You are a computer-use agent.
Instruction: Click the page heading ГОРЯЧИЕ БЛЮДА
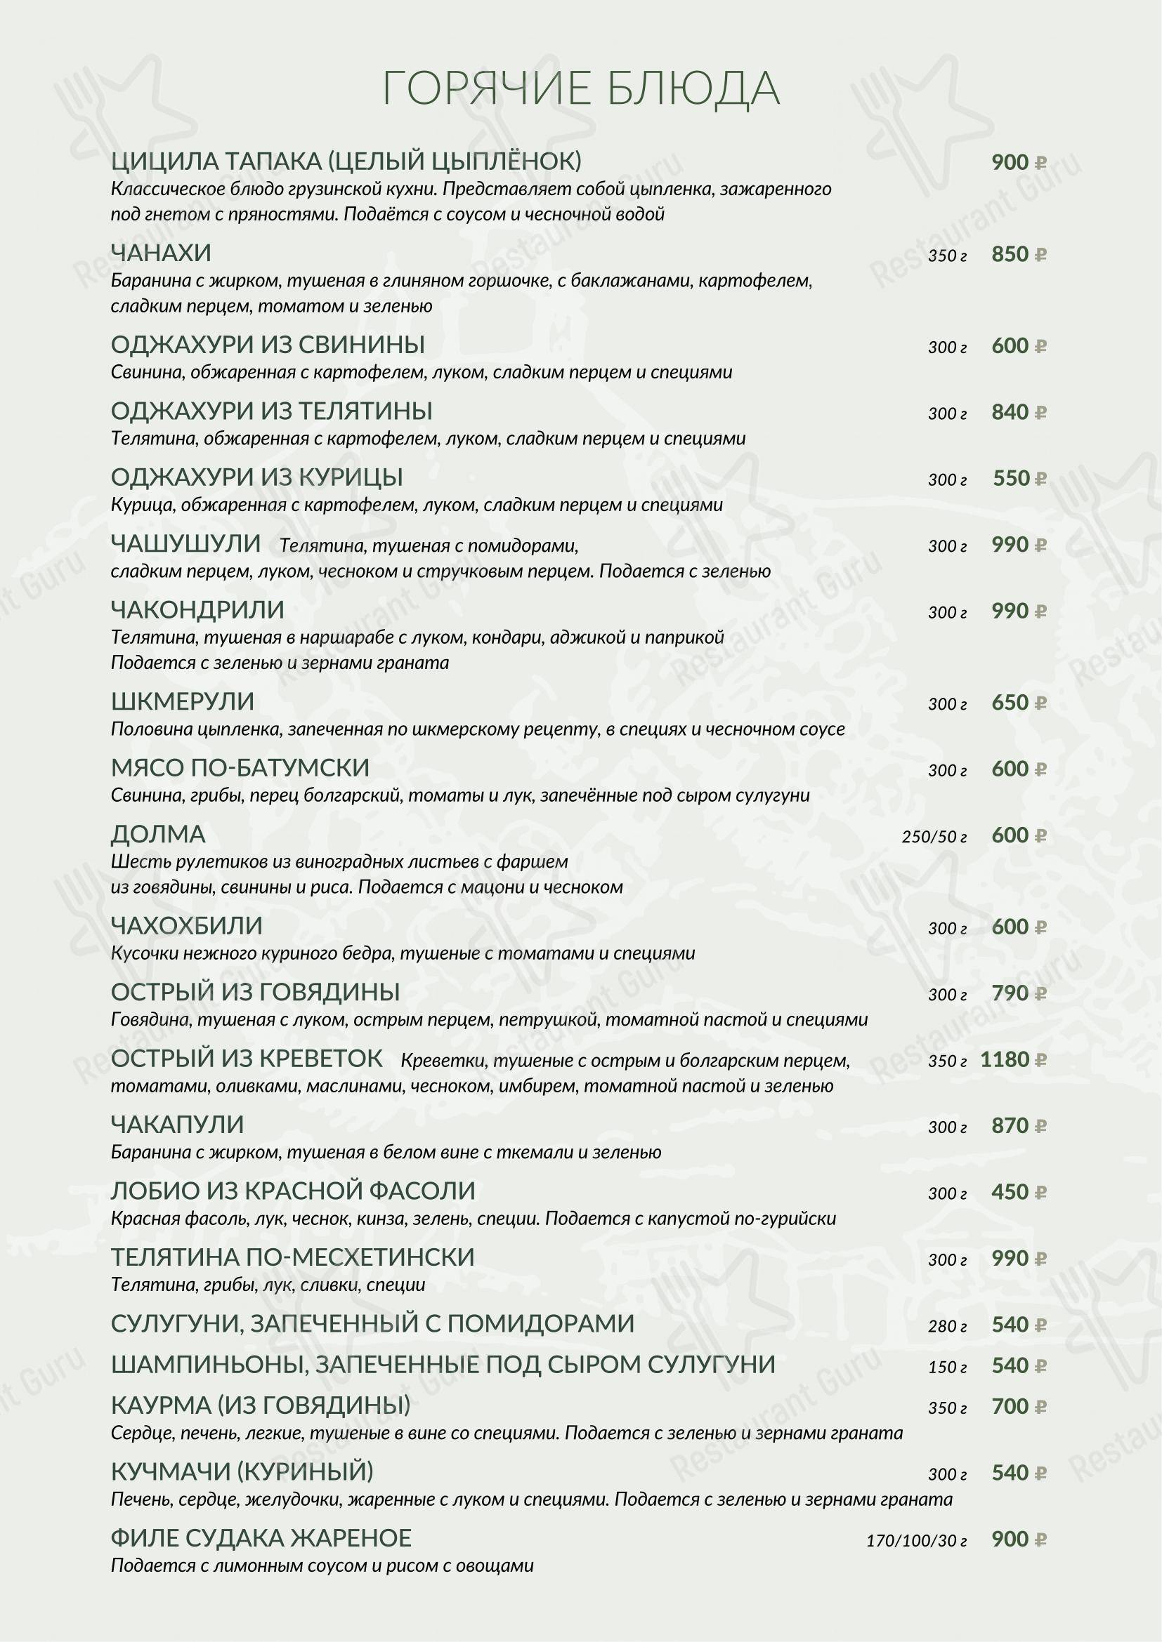580,89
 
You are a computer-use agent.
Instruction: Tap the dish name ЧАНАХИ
161,253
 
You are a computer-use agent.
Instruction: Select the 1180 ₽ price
1012,1059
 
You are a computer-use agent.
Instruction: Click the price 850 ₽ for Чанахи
1018,254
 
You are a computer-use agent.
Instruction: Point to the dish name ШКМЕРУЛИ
183,701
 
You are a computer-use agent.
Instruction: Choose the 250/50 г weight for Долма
934,837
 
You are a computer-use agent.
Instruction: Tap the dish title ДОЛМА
158,835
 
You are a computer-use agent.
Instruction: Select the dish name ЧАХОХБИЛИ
187,926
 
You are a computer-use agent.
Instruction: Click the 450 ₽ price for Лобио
1018,1192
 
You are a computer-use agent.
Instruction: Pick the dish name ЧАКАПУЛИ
178,1125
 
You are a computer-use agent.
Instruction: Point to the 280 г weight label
947,1327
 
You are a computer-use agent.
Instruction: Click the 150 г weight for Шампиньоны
947,1368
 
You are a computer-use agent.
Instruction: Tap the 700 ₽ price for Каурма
1018,1407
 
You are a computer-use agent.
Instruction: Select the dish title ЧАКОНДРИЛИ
197,610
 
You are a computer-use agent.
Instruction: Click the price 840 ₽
1018,412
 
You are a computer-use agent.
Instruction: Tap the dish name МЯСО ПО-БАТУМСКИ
240,768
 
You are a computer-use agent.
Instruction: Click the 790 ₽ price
1018,993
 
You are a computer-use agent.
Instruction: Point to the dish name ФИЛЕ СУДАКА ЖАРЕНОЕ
261,1532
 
